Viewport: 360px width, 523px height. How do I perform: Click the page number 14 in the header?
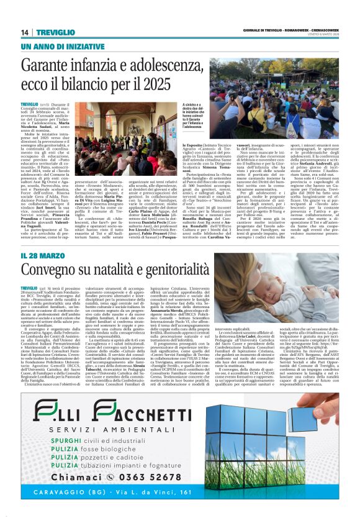(x=25, y=32)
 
